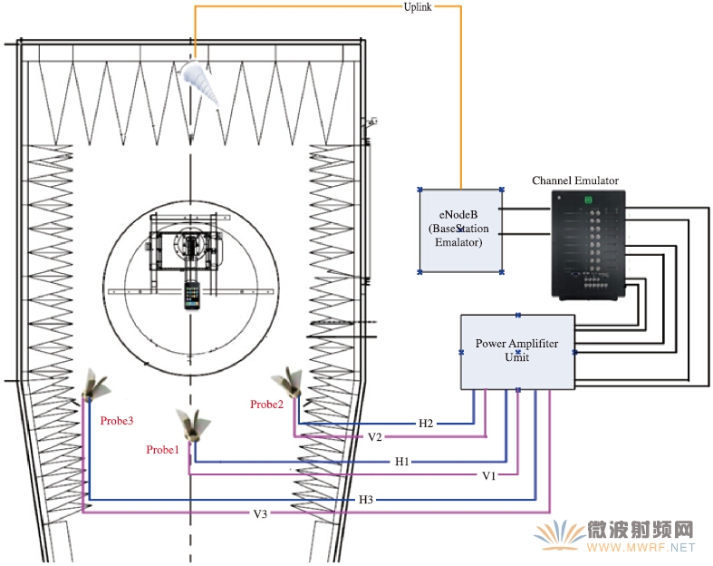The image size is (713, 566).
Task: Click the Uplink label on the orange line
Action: tap(418, 7)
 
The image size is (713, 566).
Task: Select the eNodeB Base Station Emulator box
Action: tap(460, 230)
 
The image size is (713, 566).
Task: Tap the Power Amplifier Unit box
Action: tap(517, 352)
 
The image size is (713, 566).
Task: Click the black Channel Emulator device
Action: tap(589, 245)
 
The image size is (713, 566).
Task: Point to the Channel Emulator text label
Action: tap(575, 181)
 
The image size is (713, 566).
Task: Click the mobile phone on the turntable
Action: tap(192, 296)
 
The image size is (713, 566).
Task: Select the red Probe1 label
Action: tap(162, 450)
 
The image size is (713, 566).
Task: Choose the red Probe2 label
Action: tap(266, 405)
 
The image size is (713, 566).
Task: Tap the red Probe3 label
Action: tap(117, 421)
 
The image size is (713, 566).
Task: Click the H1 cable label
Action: tap(402, 462)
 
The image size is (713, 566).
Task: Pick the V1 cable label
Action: tap(489, 476)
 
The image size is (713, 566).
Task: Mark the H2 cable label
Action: tap(426, 424)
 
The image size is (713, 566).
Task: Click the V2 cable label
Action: tap(375, 437)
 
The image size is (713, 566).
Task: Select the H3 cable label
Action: tap(366, 500)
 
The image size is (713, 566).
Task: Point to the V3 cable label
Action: tap(260, 514)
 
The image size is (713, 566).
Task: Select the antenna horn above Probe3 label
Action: tap(96, 384)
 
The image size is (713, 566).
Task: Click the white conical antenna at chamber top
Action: tap(199, 83)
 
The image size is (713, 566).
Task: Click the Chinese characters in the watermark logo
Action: tap(641, 530)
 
